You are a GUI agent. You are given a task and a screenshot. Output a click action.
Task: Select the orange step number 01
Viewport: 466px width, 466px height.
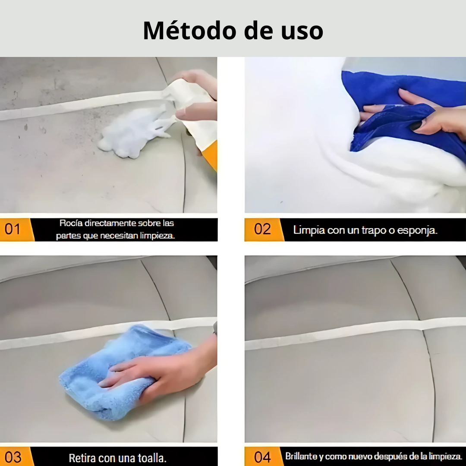[13, 229]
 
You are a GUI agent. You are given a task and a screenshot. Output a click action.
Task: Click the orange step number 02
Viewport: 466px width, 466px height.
[262, 229]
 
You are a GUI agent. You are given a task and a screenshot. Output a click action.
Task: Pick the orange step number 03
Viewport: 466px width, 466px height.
[13, 457]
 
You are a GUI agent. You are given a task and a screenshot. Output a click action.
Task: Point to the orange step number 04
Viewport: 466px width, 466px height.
[262, 457]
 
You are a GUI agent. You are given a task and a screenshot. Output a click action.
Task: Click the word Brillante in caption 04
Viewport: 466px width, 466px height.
[300, 456]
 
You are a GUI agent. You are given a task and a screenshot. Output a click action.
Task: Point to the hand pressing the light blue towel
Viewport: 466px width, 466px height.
[160, 371]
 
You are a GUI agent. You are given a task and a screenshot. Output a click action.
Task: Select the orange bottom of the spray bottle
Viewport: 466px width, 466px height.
[211, 155]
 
